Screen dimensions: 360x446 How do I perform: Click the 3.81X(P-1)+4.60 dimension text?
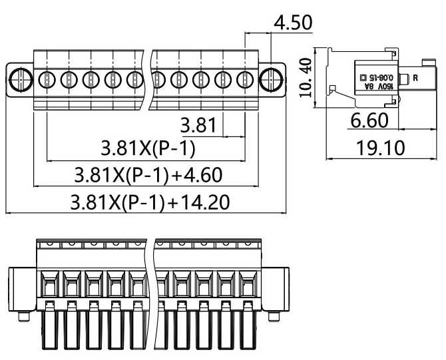click(147, 176)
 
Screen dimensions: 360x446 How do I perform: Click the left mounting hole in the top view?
click(20, 79)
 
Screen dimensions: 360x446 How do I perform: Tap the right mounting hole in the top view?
click(271, 79)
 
